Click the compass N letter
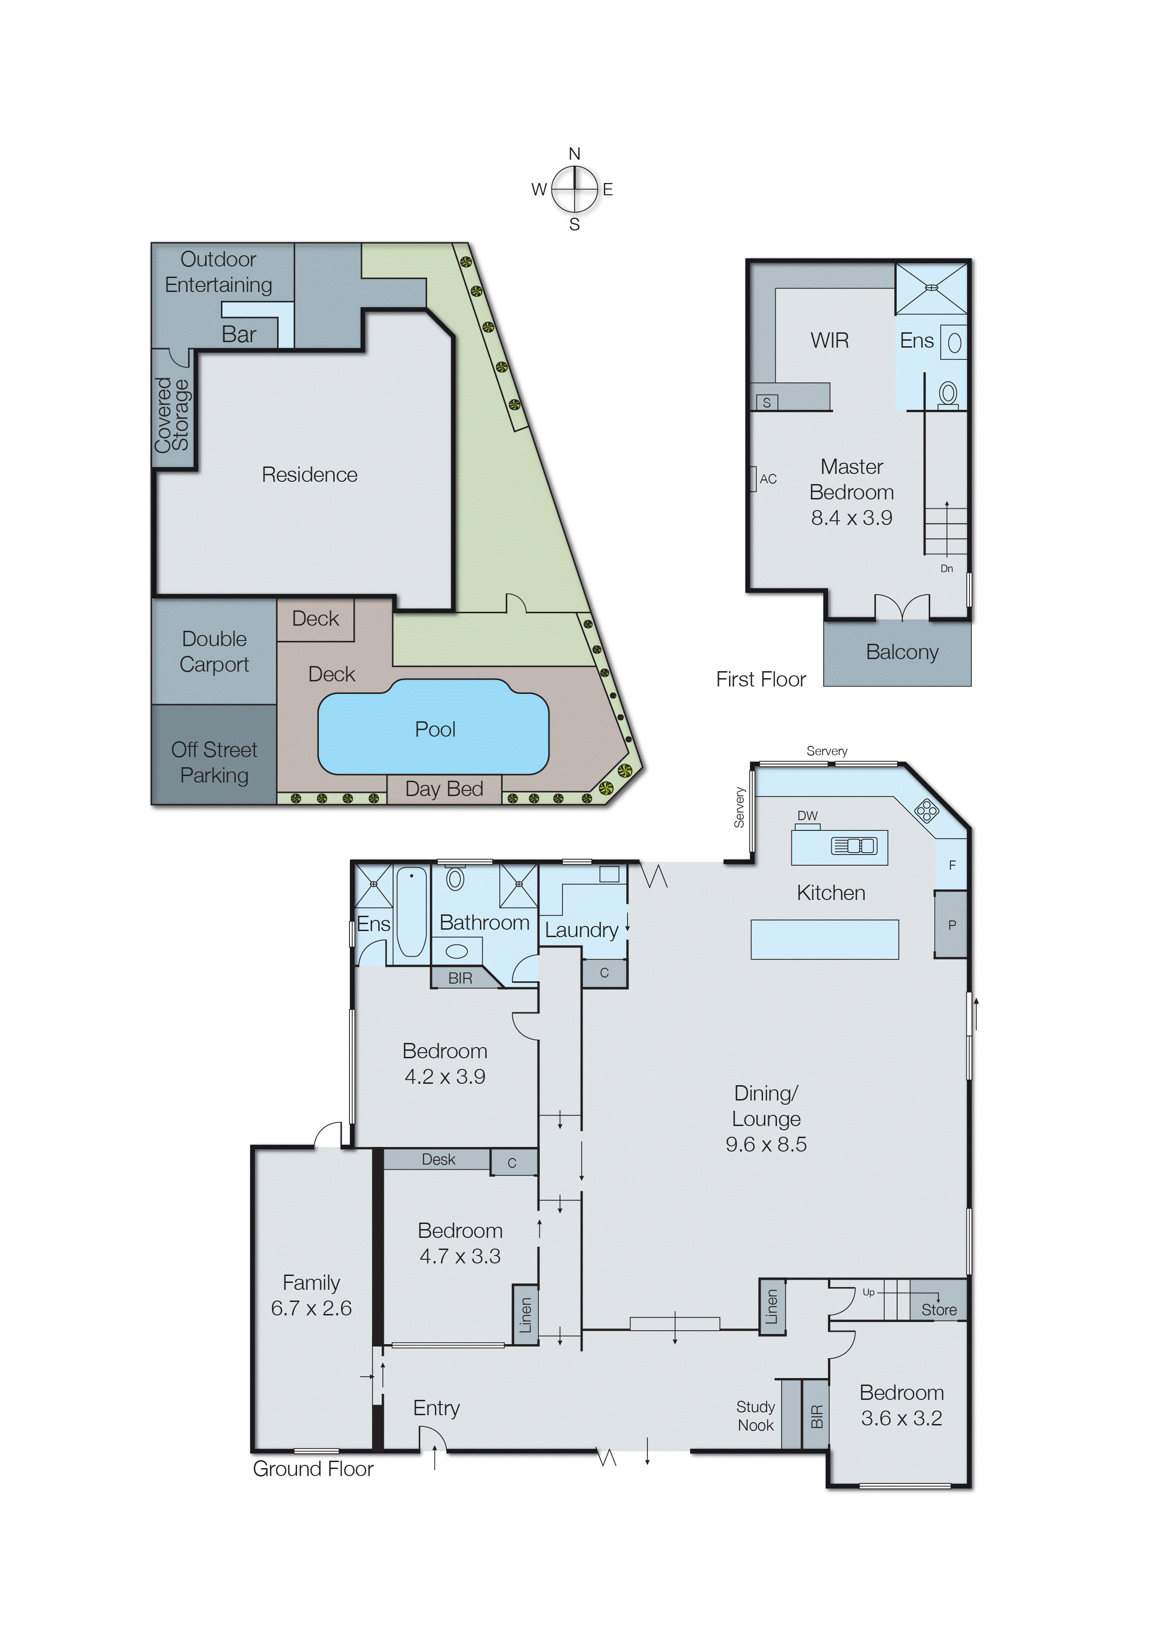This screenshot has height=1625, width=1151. tap(574, 154)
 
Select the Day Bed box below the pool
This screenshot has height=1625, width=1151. tap(444, 789)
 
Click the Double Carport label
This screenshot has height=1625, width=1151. tap(214, 651)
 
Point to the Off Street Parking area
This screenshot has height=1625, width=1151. tap(214, 762)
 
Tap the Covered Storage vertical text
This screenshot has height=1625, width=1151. tap(172, 414)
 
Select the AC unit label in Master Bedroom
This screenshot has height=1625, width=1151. tap(768, 479)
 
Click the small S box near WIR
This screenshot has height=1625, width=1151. tap(766, 402)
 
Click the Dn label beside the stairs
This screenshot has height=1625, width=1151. tap(946, 569)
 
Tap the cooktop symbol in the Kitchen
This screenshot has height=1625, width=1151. tap(926, 811)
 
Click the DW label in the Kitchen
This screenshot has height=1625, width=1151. tap(807, 816)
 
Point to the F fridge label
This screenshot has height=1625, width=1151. tap(952, 865)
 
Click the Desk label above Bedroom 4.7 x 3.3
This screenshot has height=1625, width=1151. tap(438, 1159)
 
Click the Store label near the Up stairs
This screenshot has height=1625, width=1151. tap(938, 1310)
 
